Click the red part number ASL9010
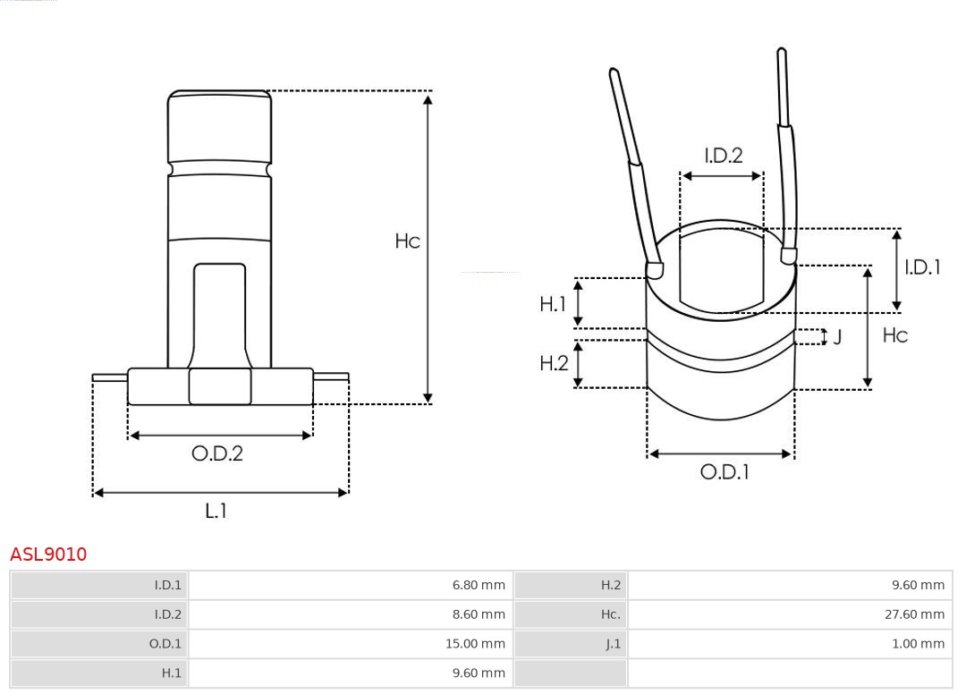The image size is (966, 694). click(48, 554)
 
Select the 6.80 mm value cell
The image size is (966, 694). click(479, 586)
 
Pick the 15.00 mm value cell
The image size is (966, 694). click(476, 644)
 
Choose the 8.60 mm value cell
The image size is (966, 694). click(479, 614)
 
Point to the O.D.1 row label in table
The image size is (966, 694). click(165, 644)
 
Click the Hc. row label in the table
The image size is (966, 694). click(610, 614)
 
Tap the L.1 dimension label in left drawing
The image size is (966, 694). click(216, 511)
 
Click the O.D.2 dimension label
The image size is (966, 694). click(217, 453)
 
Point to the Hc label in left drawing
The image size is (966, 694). click(407, 241)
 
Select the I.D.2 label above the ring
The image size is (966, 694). click(723, 156)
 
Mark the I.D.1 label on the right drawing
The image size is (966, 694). click(922, 267)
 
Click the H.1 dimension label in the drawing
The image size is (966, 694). click(553, 304)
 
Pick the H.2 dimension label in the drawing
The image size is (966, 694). click(554, 363)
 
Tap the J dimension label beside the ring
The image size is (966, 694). click(837, 337)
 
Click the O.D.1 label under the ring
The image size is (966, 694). click(724, 471)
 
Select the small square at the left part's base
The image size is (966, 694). click(220, 386)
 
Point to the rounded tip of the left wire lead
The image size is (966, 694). click(614, 73)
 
